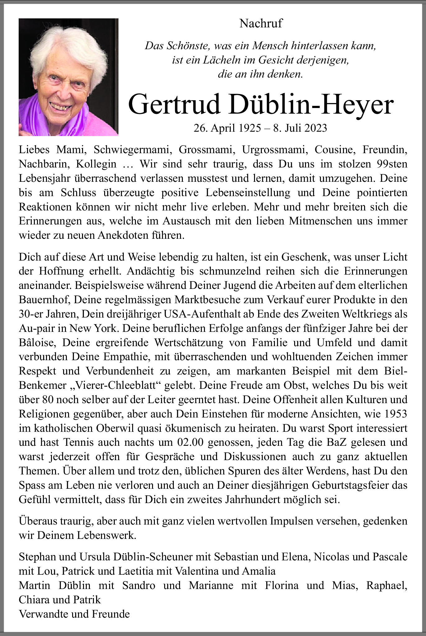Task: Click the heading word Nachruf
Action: pos(261,23)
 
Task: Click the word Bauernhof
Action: pos(44,299)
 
